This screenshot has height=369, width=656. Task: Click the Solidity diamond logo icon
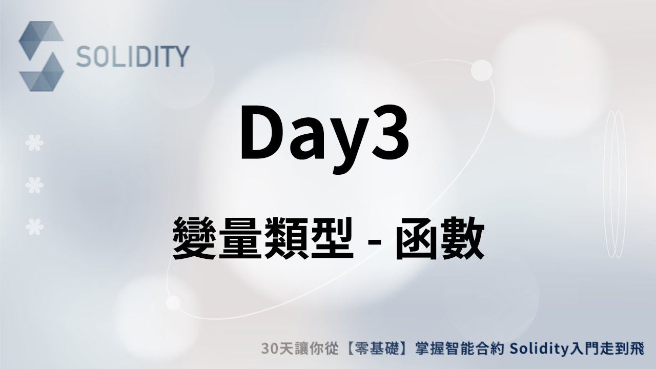[41, 56]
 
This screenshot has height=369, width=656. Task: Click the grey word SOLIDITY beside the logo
[133, 57]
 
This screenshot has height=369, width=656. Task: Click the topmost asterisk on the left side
[34, 144]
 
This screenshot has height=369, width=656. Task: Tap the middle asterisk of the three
[34, 184]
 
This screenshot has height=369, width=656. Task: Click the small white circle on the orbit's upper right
[481, 70]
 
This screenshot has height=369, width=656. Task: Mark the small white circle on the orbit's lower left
[173, 303]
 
